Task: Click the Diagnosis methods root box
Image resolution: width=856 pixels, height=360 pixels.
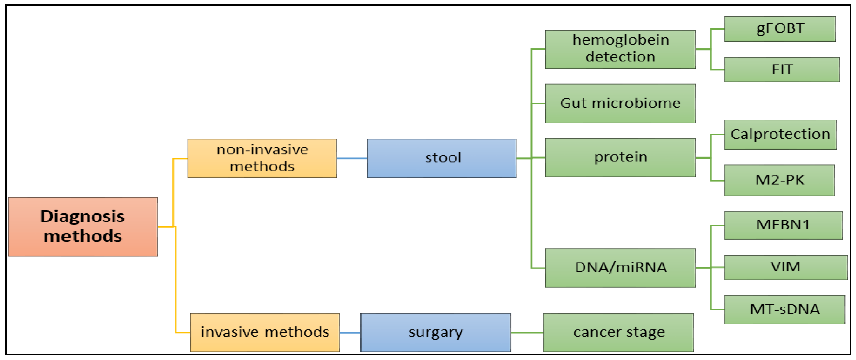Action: [83, 226]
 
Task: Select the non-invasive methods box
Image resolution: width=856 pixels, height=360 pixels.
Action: [262, 158]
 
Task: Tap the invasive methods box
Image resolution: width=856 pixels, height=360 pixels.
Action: [265, 332]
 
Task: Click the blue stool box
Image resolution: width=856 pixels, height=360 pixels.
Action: [441, 158]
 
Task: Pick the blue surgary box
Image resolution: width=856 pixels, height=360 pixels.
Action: [435, 332]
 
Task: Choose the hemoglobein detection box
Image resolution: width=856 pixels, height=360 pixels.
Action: [620, 49]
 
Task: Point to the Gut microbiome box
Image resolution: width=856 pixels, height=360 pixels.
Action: [620, 103]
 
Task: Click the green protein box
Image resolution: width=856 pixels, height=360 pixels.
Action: [620, 157]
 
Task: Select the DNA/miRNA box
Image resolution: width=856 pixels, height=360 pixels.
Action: [620, 268]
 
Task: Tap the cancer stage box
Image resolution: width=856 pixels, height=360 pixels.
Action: [618, 332]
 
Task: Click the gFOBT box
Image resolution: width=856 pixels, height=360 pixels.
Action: [780, 29]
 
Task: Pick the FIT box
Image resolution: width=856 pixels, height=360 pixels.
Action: [782, 70]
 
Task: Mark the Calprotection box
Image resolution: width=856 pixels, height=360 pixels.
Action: [780, 135]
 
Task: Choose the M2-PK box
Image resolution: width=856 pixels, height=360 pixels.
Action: [779, 181]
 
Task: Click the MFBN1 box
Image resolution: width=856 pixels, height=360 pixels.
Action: [783, 225]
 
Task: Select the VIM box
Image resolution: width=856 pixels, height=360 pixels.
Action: [785, 267]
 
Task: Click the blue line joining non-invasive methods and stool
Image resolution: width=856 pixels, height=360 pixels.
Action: [351, 158]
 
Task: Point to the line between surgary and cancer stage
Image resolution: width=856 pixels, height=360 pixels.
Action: [527, 332]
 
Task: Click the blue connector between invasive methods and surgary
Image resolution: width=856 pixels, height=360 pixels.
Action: [350, 332]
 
